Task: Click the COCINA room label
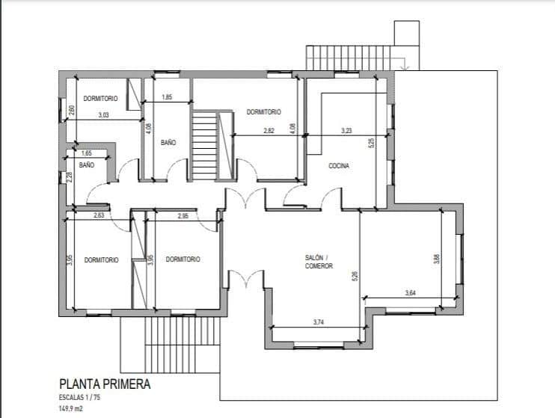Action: [339, 166]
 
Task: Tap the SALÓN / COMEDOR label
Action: [319, 262]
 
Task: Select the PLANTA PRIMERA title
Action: [105, 384]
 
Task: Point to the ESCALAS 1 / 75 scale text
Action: [79, 398]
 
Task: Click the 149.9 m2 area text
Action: [71, 408]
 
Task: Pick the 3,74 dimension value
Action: [319, 322]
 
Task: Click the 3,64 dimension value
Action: [410, 292]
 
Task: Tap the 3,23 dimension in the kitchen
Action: [346, 131]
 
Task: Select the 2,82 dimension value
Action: [269, 131]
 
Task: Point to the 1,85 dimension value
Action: [167, 97]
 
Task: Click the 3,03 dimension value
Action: [103, 115]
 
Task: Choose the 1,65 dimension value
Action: [86, 153]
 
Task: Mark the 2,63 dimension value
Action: [99, 215]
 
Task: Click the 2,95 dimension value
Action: [183, 216]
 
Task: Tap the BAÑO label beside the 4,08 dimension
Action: [168, 143]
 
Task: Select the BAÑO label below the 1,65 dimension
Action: [87, 165]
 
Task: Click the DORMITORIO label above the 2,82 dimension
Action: [264, 112]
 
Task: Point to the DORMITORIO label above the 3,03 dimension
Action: [100, 99]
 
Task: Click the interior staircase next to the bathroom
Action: [204, 146]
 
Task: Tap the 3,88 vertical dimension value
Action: [437, 259]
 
